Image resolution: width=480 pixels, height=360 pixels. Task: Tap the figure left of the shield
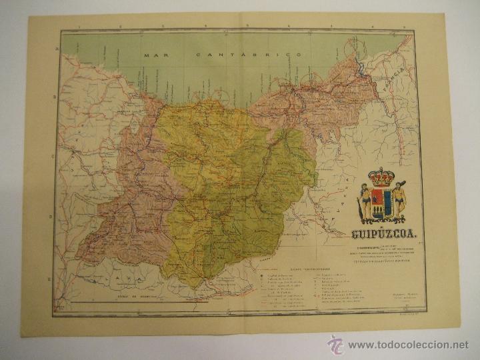[x=364, y=203]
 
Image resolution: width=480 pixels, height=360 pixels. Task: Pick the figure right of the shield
[x=399, y=203]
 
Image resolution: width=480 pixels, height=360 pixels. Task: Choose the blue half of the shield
[x=387, y=203]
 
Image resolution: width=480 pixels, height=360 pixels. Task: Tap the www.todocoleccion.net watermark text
[x=409, y=345]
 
